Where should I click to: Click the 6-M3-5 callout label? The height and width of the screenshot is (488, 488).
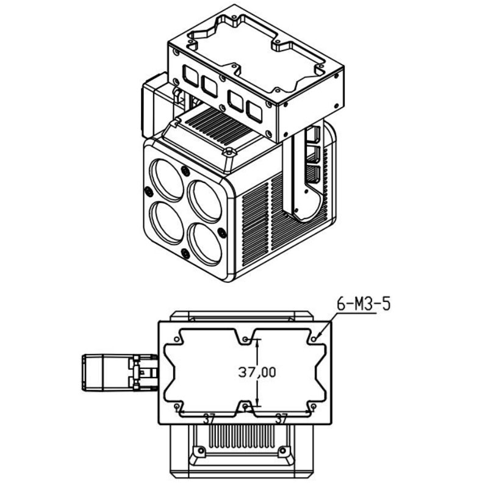(x=363, y=304)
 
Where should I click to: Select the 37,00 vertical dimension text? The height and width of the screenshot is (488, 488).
(x=257, y=372)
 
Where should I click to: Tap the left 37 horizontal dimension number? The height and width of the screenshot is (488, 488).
(x=209, y=420)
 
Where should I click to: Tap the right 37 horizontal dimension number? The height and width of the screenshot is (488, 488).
(x=281, y=420)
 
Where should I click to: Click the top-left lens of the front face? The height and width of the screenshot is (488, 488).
(x=167, y=179)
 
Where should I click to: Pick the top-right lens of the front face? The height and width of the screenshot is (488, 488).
(x=205, y=201)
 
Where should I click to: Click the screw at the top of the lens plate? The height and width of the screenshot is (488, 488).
(x=185, y=171)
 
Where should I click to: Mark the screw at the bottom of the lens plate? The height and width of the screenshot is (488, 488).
(x=185, y=254)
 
